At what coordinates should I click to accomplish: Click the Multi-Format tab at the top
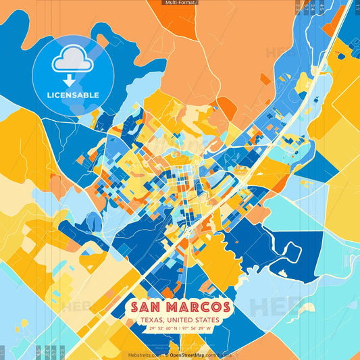180,3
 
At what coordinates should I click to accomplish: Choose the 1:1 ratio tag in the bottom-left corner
3,351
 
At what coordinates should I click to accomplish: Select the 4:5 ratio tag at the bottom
38,351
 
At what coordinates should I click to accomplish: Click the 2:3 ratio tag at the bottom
61,351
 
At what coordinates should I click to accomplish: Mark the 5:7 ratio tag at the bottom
53,351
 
